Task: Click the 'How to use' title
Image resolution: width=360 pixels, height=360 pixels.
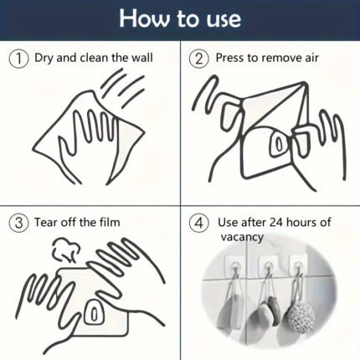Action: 180,18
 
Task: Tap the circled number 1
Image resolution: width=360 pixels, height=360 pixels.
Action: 18,59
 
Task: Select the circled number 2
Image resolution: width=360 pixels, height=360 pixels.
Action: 198,59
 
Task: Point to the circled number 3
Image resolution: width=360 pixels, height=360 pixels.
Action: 18,224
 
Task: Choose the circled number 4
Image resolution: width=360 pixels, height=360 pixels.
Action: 198,224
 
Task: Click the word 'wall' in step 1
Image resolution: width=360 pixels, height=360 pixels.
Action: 142,58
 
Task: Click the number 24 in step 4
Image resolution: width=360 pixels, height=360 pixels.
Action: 276,223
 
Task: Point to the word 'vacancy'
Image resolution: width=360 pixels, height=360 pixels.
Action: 242,237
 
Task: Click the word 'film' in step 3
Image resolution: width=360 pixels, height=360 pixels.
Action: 110,223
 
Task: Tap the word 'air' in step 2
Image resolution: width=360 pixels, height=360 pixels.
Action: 311,58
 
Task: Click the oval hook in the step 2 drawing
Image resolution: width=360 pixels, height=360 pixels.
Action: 278,144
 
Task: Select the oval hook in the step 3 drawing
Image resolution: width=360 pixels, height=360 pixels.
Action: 94,312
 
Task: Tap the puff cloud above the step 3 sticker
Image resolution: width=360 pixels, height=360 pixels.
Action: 66,249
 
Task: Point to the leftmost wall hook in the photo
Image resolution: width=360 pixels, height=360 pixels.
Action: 234,266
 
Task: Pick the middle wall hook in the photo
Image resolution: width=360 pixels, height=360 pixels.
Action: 268,266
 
